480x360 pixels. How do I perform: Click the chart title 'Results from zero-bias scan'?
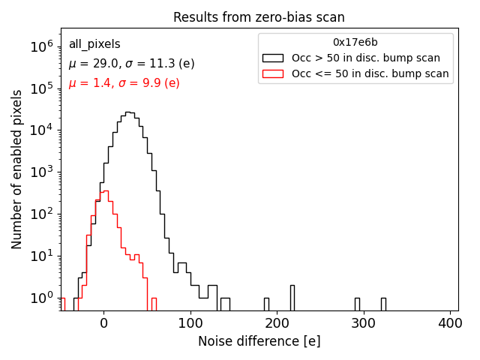pos(259,17)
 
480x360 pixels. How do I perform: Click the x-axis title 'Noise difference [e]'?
pos(259,341)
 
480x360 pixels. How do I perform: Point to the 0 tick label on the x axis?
pos(103,323)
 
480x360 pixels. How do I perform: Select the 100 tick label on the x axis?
pos(190,323)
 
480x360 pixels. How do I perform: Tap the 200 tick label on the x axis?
pos(277,323)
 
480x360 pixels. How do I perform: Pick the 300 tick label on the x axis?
pos(364,323)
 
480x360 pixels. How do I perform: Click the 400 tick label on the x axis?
pos(450,323)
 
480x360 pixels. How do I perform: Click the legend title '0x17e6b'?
pos(355,43)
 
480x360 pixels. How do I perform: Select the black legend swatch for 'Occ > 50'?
pos(274,58)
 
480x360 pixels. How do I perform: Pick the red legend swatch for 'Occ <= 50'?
pos(274,73)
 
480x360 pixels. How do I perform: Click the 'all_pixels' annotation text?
pos(94,44)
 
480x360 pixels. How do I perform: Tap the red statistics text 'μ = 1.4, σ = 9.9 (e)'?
pos(124,82)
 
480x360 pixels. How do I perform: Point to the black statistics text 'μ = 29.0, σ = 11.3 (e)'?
pos(131,64)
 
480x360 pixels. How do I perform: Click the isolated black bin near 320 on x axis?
pos(383,304)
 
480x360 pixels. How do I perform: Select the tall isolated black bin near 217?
pos(292,298)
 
